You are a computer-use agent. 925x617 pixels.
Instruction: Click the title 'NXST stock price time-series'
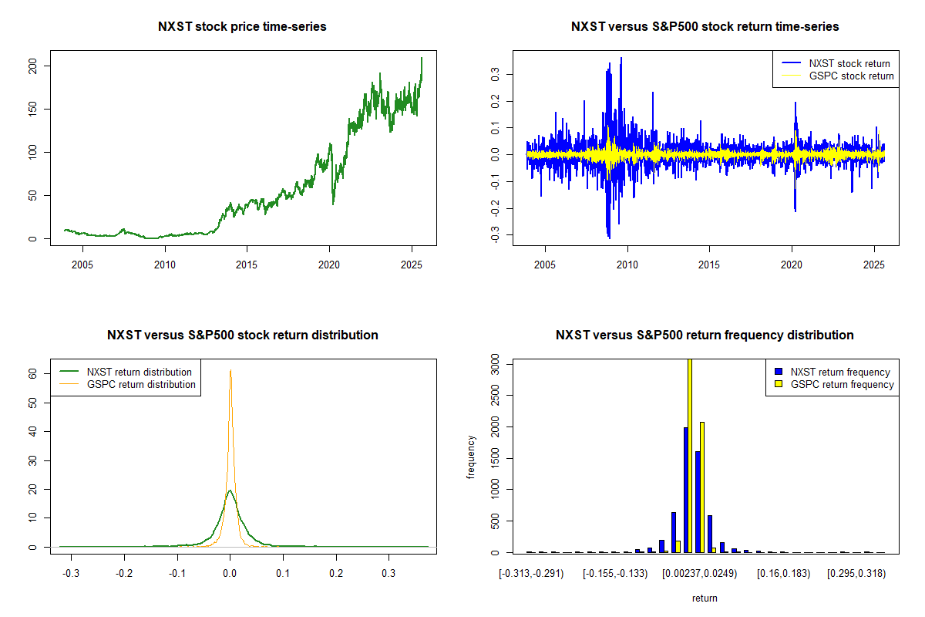pyautogui.click(x=242, y=26)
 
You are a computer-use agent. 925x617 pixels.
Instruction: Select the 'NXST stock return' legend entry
pyautogui.click(x=836, y=63)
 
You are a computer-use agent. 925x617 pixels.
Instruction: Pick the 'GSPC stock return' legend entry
pyautogui.click(x=837, y=76)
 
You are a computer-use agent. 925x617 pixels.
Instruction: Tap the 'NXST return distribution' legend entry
pyautogui.click(x=126, y=372)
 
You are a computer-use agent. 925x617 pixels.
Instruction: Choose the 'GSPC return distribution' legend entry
pyautogui.click(x=127, y=384)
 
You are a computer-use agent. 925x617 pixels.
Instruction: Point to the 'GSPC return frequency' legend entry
pyautogui.click(x=834, y=384)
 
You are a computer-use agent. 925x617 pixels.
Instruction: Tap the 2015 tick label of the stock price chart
pyautogui.click(x=247, y=265)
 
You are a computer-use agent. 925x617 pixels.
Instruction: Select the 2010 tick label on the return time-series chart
pyautogui.click(x=627, y=265)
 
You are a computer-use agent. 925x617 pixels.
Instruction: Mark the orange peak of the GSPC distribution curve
pyautogui.click(x=230, y=370)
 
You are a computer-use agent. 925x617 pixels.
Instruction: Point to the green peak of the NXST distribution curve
pyautogui.click(x=230, y=491)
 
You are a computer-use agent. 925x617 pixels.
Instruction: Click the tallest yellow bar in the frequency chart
pyautogui.click(x=690, y=456)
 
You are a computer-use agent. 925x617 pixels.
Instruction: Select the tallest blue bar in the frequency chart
pyautogui.click(x=686, y=490)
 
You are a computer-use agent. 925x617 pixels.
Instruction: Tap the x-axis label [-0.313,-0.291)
pyautogui.click(x=531, y=574)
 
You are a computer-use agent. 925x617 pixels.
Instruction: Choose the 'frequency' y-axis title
pyautogui.click(x=471, y=457)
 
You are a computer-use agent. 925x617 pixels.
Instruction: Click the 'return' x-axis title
pyautogui.click(x=705, y=598)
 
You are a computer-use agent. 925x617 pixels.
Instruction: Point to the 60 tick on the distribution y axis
pyautogui.click(x=32, y=373)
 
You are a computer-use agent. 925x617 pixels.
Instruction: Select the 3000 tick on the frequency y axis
pyautogui.click(x=495, y=364)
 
